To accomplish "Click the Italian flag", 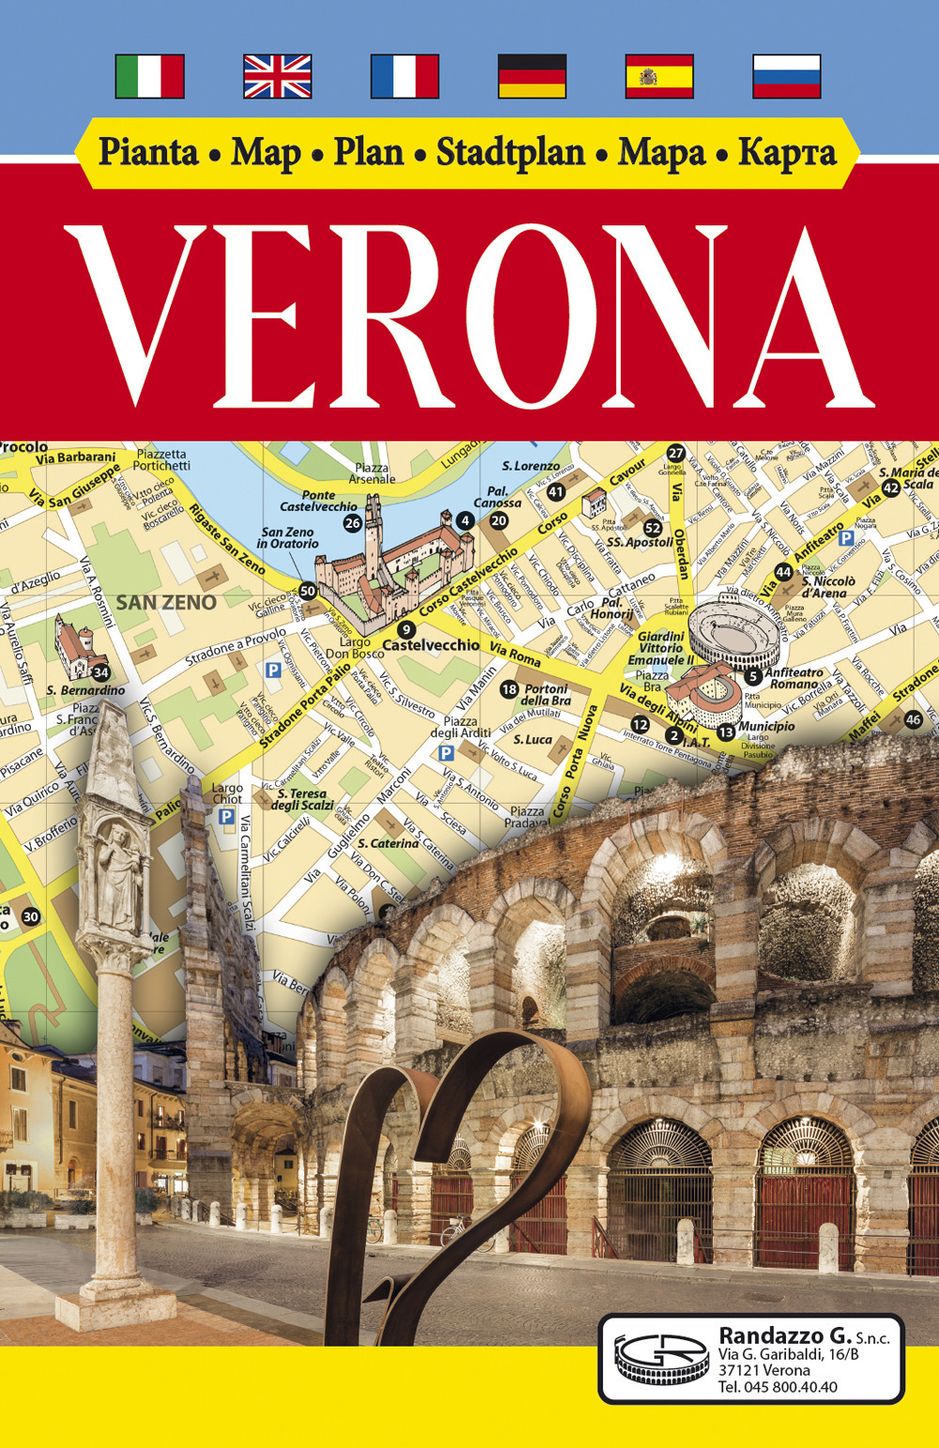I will pyautogui.click(x=149, y=76).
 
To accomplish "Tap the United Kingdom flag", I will pyautogui.click(x=277, y=76).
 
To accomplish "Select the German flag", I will pyautogui.click(x=531, y=76).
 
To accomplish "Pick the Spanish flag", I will pyautogui.click(x=659, y=76).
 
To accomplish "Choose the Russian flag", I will pyautogui.click(x=787, y=76).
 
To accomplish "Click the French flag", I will pyautogui.click(x=405, y=76).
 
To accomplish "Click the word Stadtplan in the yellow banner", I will pyautogui.click(x=510, y=153).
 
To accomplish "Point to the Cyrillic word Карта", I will pyautogui.click(x=787, y=153).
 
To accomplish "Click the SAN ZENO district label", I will pyautogui.click(x=166, y=603).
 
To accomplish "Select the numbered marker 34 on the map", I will pyautogui.click(x=101, y=672).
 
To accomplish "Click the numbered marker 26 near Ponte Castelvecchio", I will pyautogui.click(x=352, y=523).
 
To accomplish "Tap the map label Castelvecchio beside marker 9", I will pyautogui.click(x=431, y=645).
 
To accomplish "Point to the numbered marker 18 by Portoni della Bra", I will pyautogui.click(x=509, y=690).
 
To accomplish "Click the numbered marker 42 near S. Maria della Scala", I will pyautogui.click(x=890, y=487).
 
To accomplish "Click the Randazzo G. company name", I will pyautogui.click(x=785, y=1335).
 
